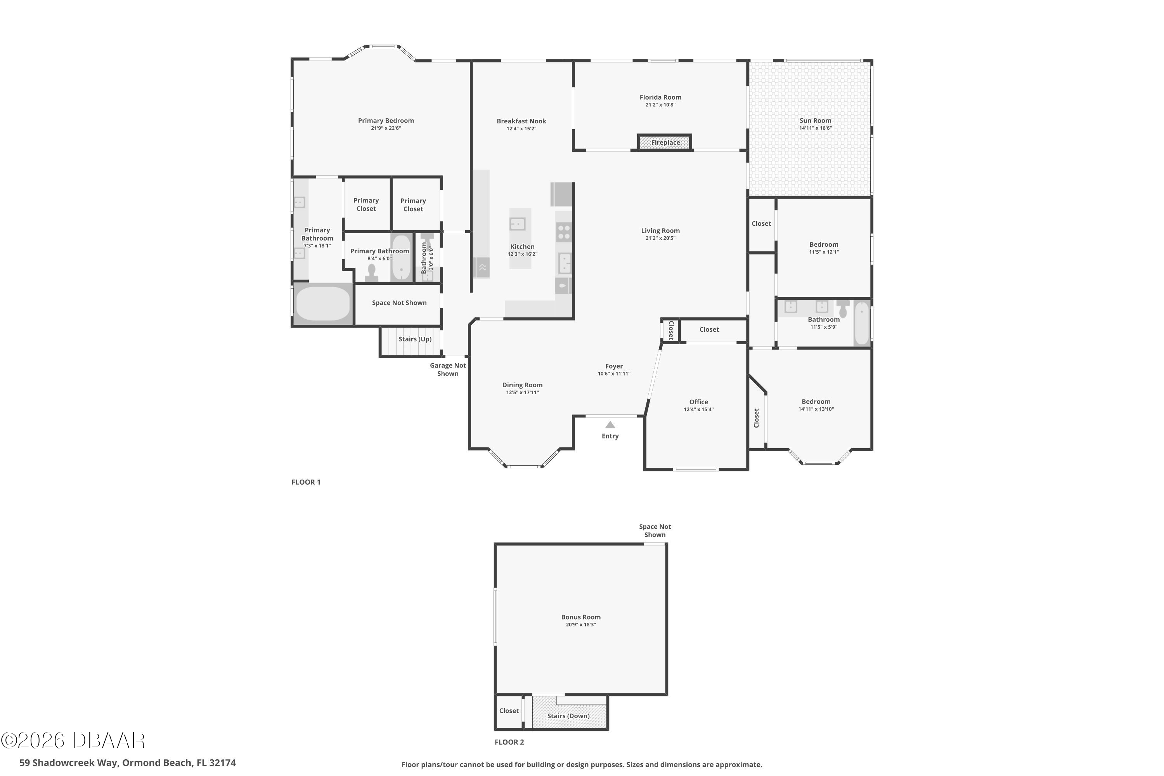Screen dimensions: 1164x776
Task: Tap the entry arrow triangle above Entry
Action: (610, 424)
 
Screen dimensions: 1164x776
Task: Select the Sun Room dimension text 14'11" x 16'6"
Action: (815, 128)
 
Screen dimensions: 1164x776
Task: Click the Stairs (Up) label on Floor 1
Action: (415, 339)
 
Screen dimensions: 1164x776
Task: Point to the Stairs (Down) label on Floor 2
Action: (568, 715)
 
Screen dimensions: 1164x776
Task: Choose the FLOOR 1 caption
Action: (306, 482)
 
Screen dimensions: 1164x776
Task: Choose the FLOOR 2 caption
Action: (509, 742)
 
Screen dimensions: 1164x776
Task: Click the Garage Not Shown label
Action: (448, 369)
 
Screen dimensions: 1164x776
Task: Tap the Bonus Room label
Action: (580, 617)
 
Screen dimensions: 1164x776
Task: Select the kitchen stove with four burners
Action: (564, 232)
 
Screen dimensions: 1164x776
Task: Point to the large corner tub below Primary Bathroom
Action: (323, 304)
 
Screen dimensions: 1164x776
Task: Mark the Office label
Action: (698, 402)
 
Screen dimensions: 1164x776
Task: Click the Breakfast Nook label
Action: (521, 121)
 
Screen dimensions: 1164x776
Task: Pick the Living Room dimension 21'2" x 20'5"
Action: (660, 238)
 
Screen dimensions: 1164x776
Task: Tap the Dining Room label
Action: (522, 385)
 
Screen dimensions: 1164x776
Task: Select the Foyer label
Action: (614, 366)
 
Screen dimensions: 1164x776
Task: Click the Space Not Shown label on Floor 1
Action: (399, 303)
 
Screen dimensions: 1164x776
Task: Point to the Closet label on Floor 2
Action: (509, 711)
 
